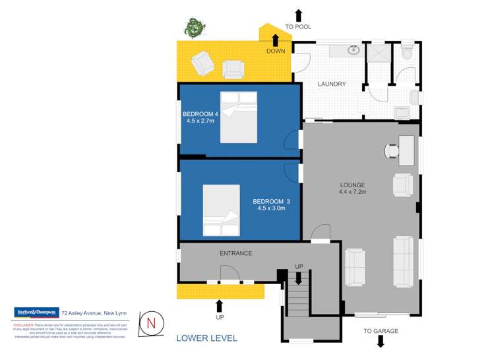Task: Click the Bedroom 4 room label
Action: (x=201, y=114)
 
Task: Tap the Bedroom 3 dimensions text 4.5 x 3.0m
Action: (x=271, y=209)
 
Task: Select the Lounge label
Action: (x=352, y=185)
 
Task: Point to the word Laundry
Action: (x=332, y=84)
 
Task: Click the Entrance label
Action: (x=235, y=253)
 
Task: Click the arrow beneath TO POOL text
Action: (x=298, y=15)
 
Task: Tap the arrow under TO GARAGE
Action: (x=381, y=342)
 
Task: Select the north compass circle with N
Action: (x=151, y=323)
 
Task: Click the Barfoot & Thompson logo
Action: (x=36, y=313)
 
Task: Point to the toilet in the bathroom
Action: (x=406, y=51)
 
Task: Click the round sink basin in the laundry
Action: (x=354, y=49)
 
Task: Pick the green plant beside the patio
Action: (x=193, y=28)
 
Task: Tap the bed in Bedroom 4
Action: (x=238, y=117)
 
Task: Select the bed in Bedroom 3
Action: (x=221, y=210)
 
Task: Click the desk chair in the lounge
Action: (x=392, y=150)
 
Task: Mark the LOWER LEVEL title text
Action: (x=206, y=338)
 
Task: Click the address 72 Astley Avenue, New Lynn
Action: (x=94, y=313)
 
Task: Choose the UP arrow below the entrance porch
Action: (x=220, y=305)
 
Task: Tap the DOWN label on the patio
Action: (x=276, y=51)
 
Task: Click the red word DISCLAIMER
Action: (x=23, y=325)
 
